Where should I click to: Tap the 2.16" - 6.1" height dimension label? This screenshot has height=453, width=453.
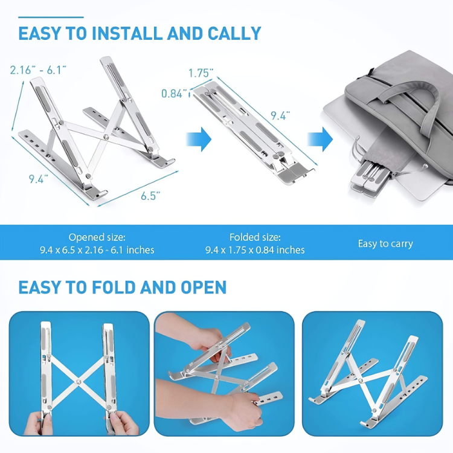coord(36,70)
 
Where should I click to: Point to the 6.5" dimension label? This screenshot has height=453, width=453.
coord(149,195)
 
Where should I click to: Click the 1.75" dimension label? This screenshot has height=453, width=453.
coord(201,73)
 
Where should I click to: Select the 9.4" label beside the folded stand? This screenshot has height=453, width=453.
coord(279,115)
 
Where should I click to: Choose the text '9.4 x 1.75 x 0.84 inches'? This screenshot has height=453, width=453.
coord(255,250)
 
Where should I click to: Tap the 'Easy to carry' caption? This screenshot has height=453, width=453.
coord(385,244)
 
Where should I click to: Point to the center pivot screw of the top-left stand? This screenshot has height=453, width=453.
coord(106,137)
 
